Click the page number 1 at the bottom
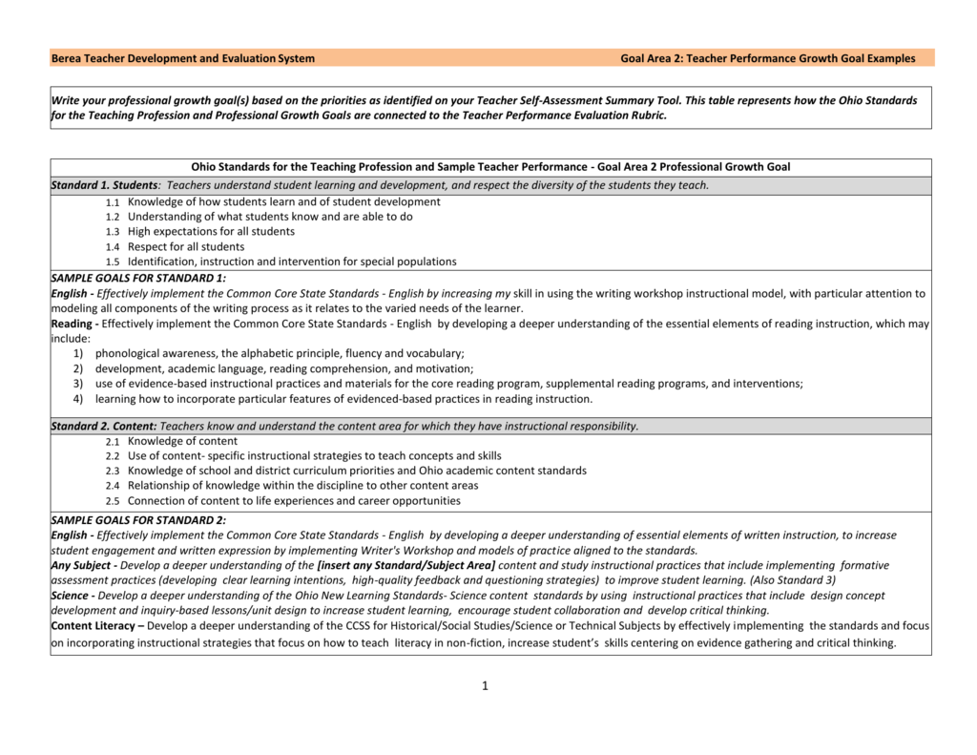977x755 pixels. coord(485,685)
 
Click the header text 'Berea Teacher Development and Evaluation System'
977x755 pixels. coord(183,58)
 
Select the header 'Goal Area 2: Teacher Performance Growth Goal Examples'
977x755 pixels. coord(767,58)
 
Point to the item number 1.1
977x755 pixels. coord(113,202)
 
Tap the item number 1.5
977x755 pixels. coord(113,262)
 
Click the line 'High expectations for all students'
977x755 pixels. coord(211,232)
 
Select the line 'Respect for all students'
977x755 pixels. coord(186,247)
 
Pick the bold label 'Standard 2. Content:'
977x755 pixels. coord(104,427)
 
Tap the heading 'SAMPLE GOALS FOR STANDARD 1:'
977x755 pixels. coord(138,279)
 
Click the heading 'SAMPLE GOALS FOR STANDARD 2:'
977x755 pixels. coord(138,520)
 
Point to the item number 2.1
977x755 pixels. coord(113,442)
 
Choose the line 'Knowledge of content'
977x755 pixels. coord(182,442)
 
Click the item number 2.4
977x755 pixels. coord(113,487)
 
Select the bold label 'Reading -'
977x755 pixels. coord(74,324)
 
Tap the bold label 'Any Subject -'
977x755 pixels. coord(84,565)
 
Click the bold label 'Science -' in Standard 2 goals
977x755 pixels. coord(73,596)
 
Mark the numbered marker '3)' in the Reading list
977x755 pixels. coord(76,384)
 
